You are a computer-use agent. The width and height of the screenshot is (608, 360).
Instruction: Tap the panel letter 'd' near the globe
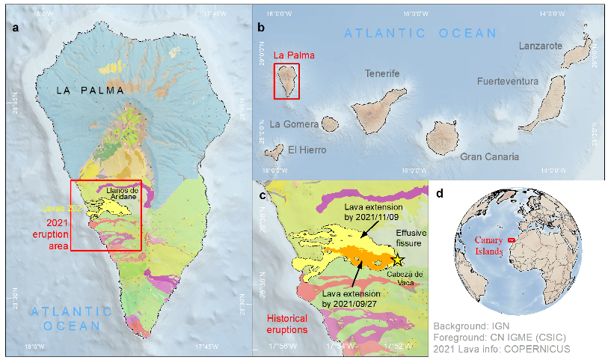pyautogui.click(x=440, y=194)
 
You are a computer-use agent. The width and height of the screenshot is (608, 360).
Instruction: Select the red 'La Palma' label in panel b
pyautogui.click(x=294, y=55)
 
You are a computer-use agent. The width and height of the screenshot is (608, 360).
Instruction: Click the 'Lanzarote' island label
pyautogui.click(x=540, y=46)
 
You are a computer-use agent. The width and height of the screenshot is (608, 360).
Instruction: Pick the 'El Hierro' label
pyautogui.click(x=307, y=150)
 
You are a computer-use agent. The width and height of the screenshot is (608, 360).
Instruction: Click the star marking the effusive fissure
pyautogui.click(x=399, y=259)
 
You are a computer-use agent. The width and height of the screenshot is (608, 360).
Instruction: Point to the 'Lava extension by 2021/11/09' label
pyautogui.click(x=373, y=212)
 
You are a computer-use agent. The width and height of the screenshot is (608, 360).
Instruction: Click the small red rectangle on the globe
pyautogui.click(x=512, y=240)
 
